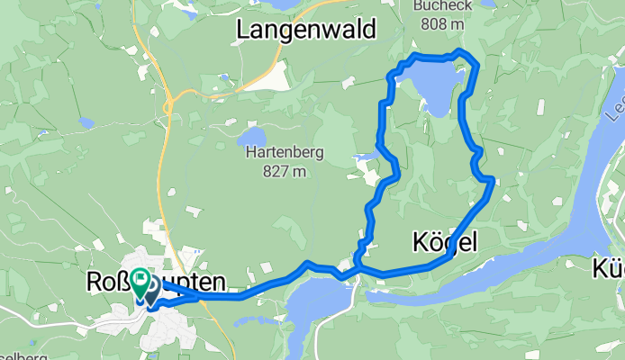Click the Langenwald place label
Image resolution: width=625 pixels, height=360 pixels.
click(305, 30)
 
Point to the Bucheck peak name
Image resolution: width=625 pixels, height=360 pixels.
click(442, 5)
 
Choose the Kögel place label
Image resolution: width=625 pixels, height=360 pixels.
click(443, 241)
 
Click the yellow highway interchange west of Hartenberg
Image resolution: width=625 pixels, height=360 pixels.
click(168, 107)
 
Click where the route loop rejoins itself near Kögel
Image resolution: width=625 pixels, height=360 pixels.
click(358, 267)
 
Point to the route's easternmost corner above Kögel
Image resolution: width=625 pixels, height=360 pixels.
click(492, 180)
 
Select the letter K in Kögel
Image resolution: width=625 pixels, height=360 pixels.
click(419, 241)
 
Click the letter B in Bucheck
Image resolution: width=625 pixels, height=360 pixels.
click(418, 5)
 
